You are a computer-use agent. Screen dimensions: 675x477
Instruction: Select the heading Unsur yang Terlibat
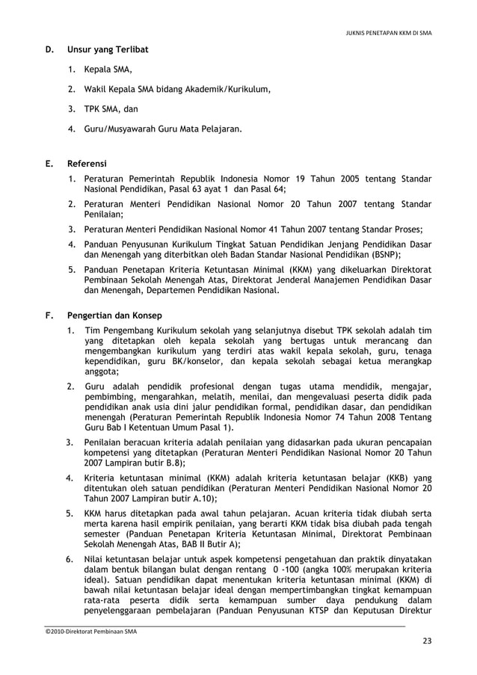point(108,50)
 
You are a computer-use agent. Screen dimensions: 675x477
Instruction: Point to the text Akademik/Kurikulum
point(226,90)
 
